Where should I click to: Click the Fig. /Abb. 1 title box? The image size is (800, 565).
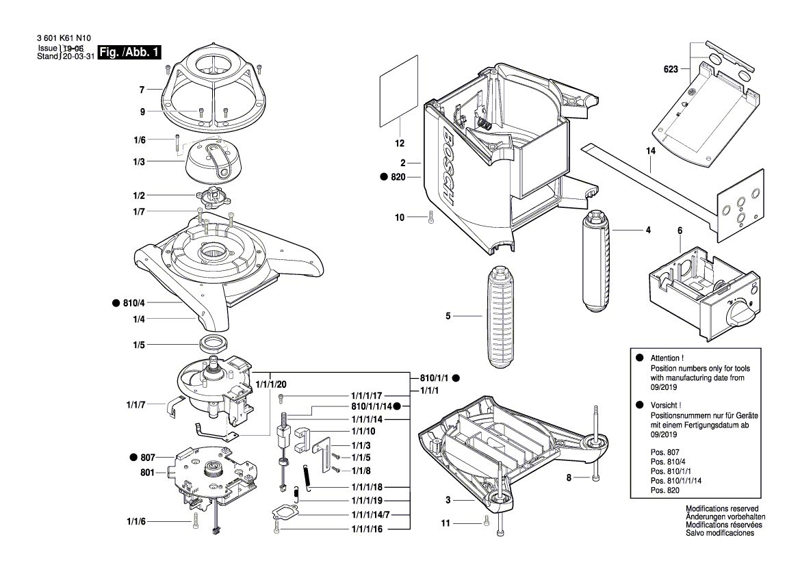[x=130, y=53]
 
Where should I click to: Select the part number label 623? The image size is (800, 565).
[x=670, y=69]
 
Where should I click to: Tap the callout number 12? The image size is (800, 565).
[x=400, y=144]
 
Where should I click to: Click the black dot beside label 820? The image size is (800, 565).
[x=383, y=177]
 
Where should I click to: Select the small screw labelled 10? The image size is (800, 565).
[x=430, y=217]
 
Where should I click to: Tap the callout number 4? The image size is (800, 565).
[x=647, y=231]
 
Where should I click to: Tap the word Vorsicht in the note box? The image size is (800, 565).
[x=666, y=406]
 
